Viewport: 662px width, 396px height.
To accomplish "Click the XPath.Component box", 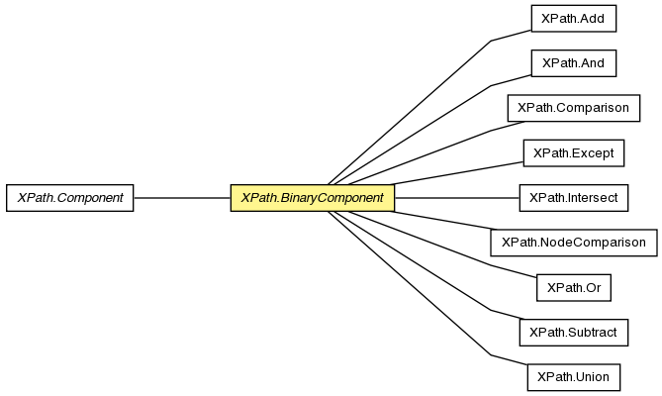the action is pyautogui.click(x=69, y=198).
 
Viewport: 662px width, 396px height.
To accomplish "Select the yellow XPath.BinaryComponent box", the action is pyautogui.click(x=313, y=198).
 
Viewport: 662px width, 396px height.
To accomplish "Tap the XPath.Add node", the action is pyautogui.click(x=573, y=19).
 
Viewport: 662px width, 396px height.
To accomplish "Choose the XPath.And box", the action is pyautogui.click(x=573, y=63).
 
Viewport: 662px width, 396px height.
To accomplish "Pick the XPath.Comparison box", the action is pyautogui.click(x=573, y=108).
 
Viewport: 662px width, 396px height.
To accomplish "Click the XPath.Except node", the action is pyautogui.click(x=573, y=152).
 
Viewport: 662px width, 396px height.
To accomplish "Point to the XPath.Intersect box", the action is pyautogui.click(x=573, y=198).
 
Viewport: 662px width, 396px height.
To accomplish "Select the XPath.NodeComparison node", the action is pyautogui.click(x=573, y=243).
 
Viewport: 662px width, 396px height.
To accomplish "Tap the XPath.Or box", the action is pyautogui.click(x=573, y=287).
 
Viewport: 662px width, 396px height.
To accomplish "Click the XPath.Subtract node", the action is pyautogui.click(x=573, y=333).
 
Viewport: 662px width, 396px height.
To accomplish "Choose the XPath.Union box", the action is pyautogui.click(x=573, y=377).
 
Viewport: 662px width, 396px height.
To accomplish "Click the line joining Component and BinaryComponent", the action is pyautogui.click(x=182, y=198).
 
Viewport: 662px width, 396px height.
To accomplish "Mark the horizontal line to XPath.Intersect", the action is pyautogui.click(x=457, y=198).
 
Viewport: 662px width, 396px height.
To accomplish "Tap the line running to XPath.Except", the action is pyautogui.click(x=457, y=173).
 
